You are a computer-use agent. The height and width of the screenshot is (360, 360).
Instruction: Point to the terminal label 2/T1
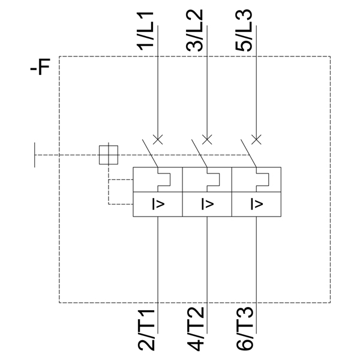click(x=148, y=330)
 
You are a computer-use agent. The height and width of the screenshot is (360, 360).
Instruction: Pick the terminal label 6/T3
click(x=247, y=330)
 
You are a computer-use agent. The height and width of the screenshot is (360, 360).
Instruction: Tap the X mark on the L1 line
click(x=158, y=139)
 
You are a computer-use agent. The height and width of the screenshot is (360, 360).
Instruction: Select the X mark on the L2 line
click(x=207, y=139)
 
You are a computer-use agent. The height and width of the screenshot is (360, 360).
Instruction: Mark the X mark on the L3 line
click(x=256, y=139)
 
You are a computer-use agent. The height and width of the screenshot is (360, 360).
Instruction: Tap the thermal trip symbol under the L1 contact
click(x=163, y=179)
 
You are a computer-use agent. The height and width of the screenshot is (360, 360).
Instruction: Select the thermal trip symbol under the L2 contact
click(x=212, y=179)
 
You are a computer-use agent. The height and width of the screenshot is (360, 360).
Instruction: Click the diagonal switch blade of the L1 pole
click(x=149, y=154)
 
